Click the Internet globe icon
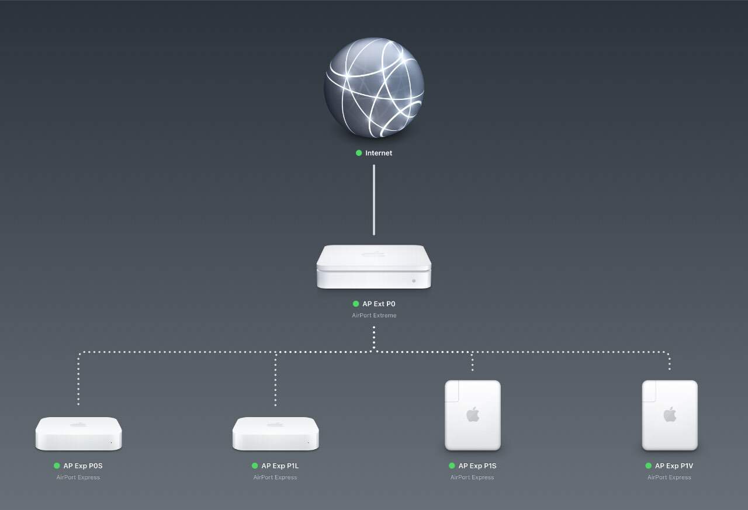[x=374, y=88]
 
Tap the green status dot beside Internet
[x=359, y=153]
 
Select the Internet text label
[x=379, y=153]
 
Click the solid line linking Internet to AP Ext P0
[x=374, y=199]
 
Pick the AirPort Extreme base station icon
[x=374, y=267]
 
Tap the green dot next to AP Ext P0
[x=356, y=304]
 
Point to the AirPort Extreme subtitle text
[x=374, y=315]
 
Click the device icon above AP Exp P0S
[x=78, y=434]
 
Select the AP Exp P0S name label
[x=83, y=466]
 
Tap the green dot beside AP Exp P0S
[x=57, y=466]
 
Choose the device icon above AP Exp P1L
[x=276, y=434]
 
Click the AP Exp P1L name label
[x=280, y=466]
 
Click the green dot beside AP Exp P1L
[x=254, y=466]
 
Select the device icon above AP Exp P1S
[x=472, y=415]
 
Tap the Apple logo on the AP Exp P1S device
[x=472, y=415]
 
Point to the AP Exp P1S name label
[x=477, y=466]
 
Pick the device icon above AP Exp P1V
[x=670, y=415]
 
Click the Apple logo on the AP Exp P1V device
[x=670, y=415]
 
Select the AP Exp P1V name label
[x=674, y=466]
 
